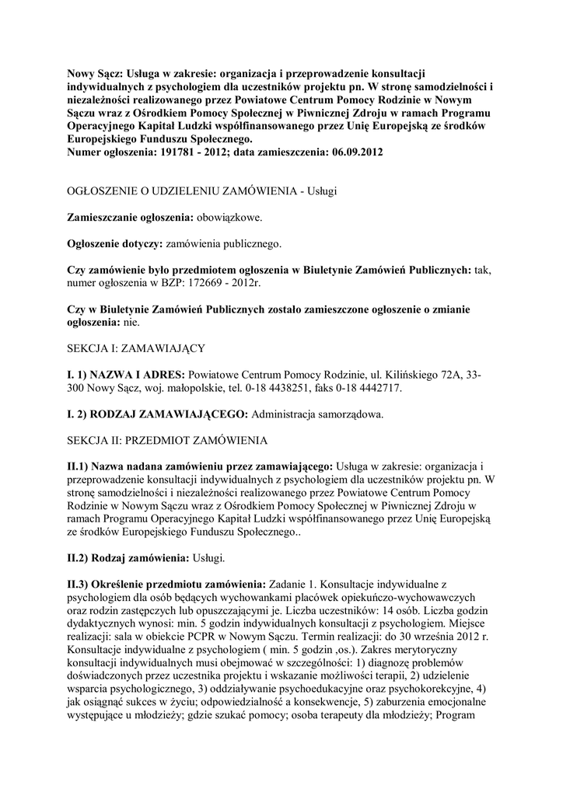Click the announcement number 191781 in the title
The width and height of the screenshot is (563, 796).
pyautogui.click(x=204, y=152)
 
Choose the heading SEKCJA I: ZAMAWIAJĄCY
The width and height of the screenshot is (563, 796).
pyautogui.click(x=135, y=348)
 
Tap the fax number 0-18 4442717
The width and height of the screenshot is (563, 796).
pyautogui.click(x=370, y=387)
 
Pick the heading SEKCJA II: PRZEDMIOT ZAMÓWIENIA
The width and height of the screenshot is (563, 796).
pyautogui.click(x=167, y=441)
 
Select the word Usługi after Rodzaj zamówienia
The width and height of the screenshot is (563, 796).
pyautogui.click(x=212, y=558)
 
